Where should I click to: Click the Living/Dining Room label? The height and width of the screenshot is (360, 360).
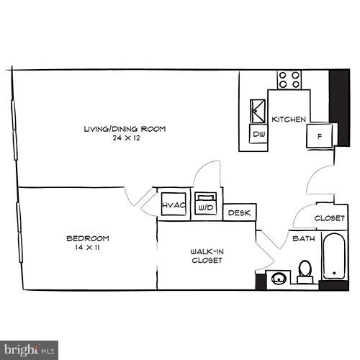[x=125, y=129]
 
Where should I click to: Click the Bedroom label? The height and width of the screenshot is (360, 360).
[x=87, y=238]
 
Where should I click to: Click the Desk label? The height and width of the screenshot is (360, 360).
[x=238, y=213]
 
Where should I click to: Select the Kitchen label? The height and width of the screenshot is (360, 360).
[x=289, y=119]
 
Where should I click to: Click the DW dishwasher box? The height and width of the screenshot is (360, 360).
[x=258, y=134]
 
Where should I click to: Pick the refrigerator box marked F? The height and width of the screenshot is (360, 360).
[x=318, y=135]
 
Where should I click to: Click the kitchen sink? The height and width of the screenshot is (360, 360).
[x=257, y=110]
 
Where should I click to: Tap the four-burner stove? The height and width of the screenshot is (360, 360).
[x=289, y=78]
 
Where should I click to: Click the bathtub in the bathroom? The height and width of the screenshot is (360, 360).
[x=333, y=256]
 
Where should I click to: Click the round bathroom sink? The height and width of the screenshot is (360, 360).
[x=276, y=277]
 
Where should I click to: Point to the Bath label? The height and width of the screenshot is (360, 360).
[x=301, y=238]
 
